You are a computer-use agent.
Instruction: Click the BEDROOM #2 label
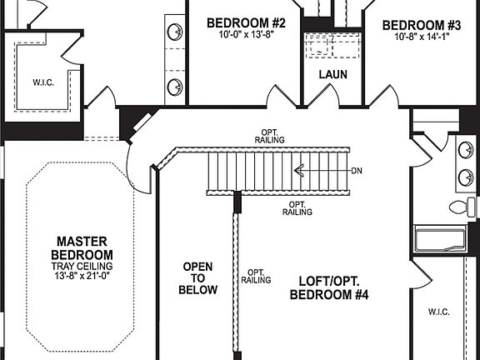coord(246,22)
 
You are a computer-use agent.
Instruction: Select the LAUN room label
coord(333,74)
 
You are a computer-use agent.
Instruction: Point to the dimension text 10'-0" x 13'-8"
coord(246,36)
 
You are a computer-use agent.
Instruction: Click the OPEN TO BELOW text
coord(200,278)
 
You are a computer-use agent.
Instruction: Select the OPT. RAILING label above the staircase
coord(269,136)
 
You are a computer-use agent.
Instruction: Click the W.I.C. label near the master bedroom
coord(43,82)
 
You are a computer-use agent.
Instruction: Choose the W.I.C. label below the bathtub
coord(438,312)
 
